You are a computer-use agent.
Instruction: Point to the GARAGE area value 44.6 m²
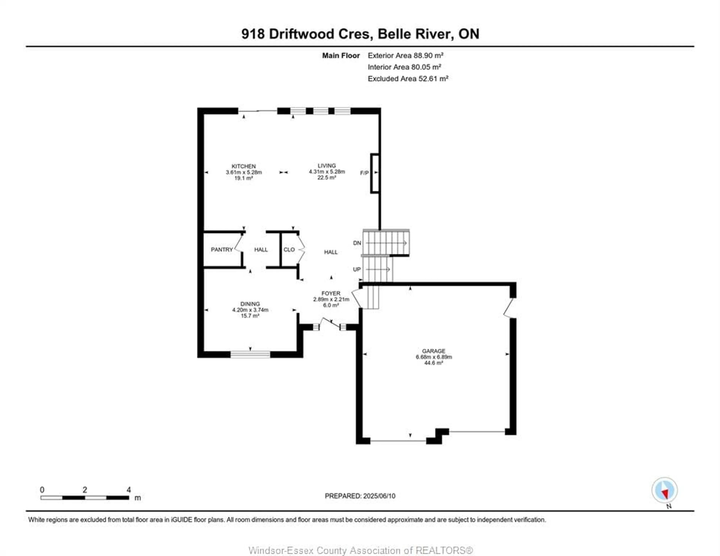(x=433, y=363)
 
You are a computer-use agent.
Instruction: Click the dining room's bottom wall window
(x=250, y=355)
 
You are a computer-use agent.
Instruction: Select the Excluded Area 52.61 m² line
(x=408, y=79)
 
